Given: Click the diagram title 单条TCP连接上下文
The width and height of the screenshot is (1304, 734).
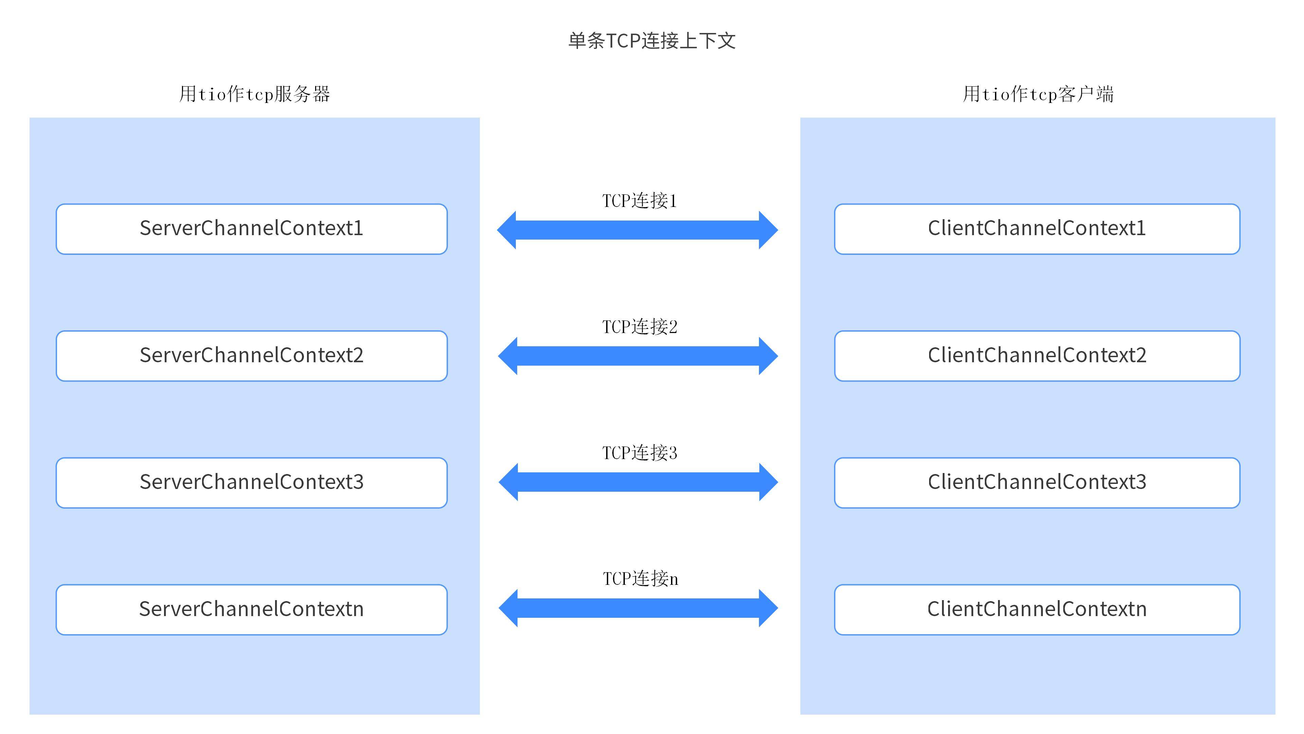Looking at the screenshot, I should (652, 40).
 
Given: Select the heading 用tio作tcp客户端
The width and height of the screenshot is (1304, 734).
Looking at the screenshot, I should (1038, 94).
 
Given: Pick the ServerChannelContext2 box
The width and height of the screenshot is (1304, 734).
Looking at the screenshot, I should (252, 355).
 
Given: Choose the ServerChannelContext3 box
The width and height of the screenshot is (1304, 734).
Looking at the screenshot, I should (252, 482).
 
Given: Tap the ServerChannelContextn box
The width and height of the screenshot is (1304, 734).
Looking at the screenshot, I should (252, 609).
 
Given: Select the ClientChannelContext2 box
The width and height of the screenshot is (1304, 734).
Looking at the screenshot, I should (1037, 355).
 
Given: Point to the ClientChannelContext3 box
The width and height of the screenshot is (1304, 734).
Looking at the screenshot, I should (1037, 482).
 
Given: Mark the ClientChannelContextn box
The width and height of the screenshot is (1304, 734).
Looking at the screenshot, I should (1037, 609).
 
